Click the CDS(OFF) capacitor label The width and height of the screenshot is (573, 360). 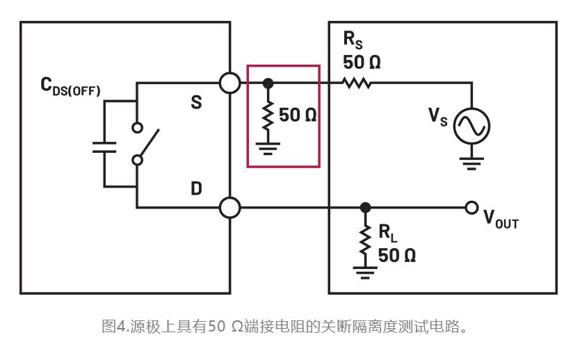pyautogui.click(x=70, y=87)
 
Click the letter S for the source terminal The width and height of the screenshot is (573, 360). pyautogui.click(x=196, y=103)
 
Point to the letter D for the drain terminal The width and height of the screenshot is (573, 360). pyautogui.click(x=196, y=188)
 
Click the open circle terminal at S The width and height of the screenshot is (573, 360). pyautogui.click(x=229, y=83)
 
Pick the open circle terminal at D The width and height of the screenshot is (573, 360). pyautogui.click(x=229, y=207)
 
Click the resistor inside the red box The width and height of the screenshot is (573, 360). pyautogui.click(x=268, y=115)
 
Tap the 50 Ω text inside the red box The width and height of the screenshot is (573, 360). pyautogui.click(x=298, y=115)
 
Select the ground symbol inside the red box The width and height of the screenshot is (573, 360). pyautogui.click(x=268, y=147)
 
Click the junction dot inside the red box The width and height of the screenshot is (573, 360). pyautogui.click(x=268, y=83)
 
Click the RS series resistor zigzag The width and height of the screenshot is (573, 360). pyautogui.click(x=357, y=83)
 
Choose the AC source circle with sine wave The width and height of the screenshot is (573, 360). pyautogui.click(x=471, y=126)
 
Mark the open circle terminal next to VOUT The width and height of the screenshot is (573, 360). pyautogui.click(x=472, y=207)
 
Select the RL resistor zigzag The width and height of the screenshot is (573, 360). pyautogui.click(x=366, y=240)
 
